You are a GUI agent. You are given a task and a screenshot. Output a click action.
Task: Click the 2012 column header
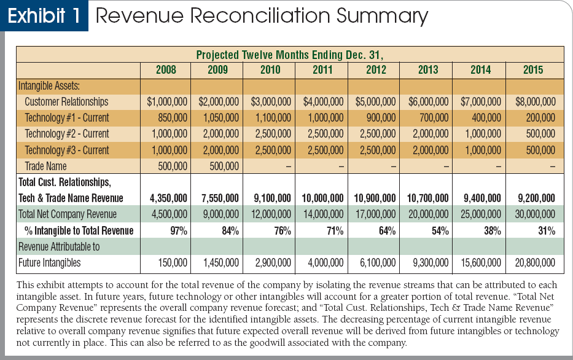coord(376,70)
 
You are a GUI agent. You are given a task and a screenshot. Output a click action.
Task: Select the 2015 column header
coord(533,70)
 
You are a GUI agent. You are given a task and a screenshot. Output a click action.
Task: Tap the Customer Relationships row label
coord(66,101)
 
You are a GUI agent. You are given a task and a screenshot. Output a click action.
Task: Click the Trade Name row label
coord(45,166)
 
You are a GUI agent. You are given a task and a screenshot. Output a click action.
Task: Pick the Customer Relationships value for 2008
coord(167,101)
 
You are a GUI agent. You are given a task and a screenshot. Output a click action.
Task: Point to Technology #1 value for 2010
coord(273,118)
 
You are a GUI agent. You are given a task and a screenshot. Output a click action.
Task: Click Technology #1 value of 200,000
coord(540,118)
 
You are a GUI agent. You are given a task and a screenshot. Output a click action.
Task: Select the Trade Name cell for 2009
coord(224,166)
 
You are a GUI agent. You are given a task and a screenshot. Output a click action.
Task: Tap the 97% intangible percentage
coord(179,231)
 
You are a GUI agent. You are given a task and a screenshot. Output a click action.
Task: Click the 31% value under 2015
coord(547,231)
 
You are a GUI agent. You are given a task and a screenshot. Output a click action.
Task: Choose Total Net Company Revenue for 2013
coord(428,214)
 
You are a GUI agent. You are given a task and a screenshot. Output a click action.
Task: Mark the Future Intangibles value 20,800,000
coord(535,263)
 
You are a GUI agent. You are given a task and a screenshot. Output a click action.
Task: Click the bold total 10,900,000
coord(375,198)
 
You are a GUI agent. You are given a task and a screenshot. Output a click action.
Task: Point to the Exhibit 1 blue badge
coord(44,16)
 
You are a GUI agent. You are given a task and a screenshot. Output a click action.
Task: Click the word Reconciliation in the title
coord(259,15)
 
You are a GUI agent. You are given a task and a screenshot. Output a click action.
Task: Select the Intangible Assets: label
coord(49,86)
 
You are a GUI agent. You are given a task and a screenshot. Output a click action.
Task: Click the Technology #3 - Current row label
coord(67,151)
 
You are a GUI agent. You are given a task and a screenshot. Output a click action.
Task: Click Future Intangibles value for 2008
coord(173,263)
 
